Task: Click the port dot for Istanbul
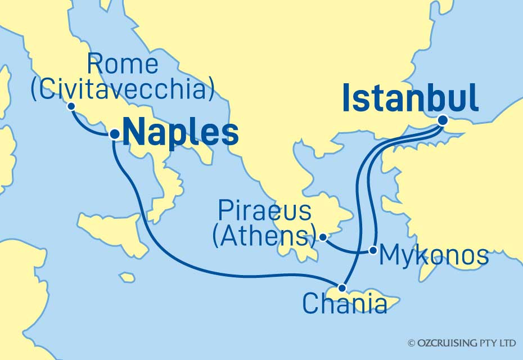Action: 443,120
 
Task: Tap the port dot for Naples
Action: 114,134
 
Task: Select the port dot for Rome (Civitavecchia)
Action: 71,106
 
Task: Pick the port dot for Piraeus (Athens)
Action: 323,237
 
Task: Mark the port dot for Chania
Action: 342,288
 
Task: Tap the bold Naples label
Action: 181,134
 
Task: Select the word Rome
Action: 123,65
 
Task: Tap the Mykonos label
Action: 434,256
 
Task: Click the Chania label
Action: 344,305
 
